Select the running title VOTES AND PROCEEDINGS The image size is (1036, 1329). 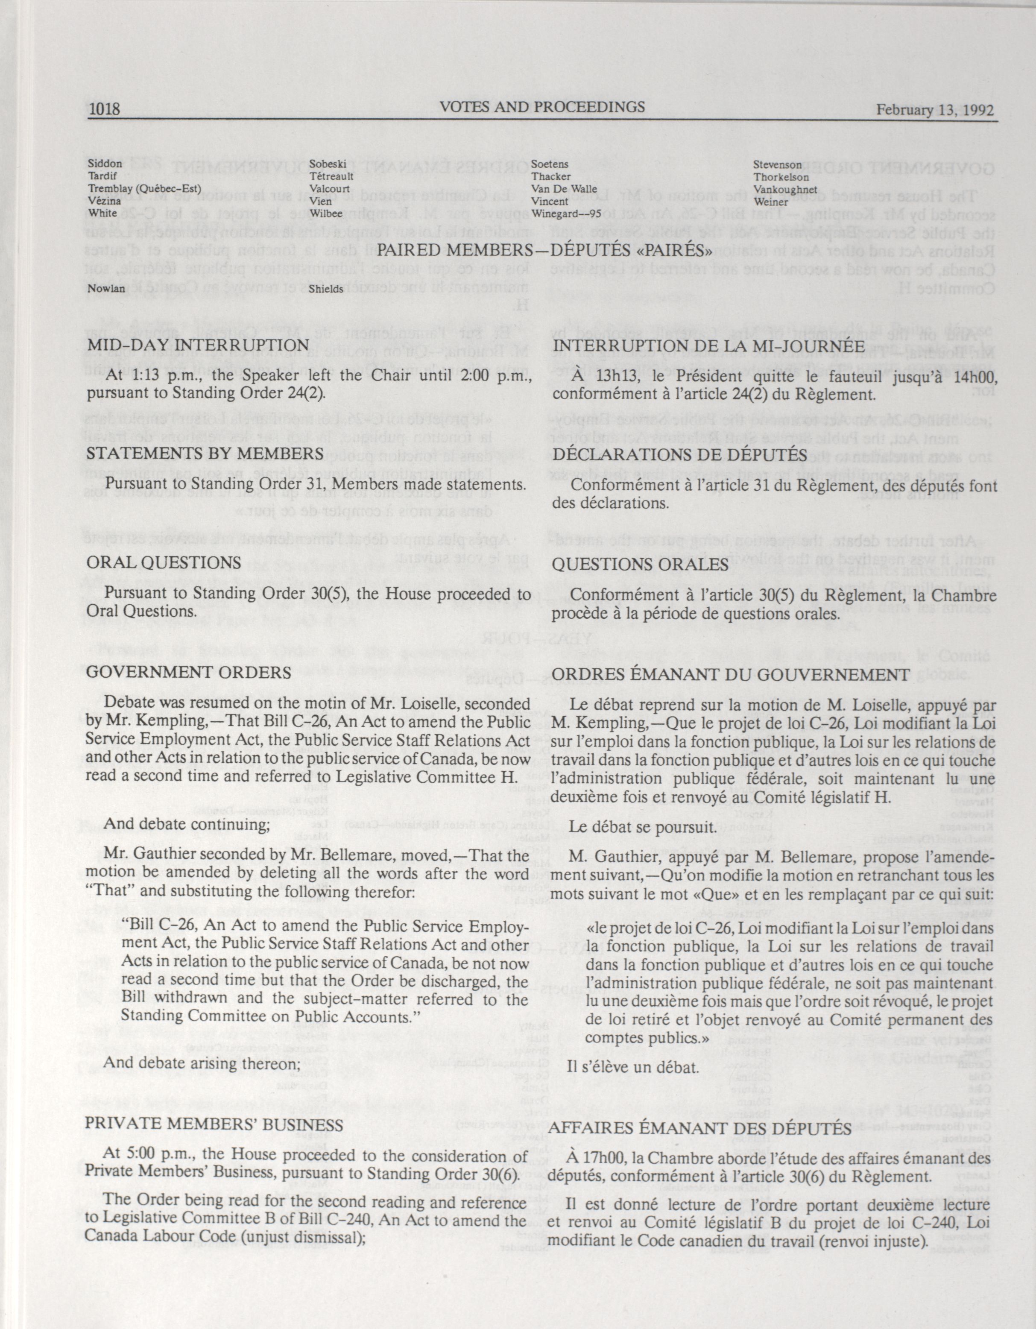[x=542, y=107]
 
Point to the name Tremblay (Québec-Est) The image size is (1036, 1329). [x=144, y=189]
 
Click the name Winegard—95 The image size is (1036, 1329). [x=566, y=214]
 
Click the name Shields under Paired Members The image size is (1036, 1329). [x=327, y=289]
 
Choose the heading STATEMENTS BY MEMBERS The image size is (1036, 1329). [x=205, y=454]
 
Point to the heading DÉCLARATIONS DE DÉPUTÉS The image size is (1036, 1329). [x=679, y=454]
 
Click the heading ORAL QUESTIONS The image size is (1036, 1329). [x=164, y=562]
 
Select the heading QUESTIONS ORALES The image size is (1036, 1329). [x=640, y=564]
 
